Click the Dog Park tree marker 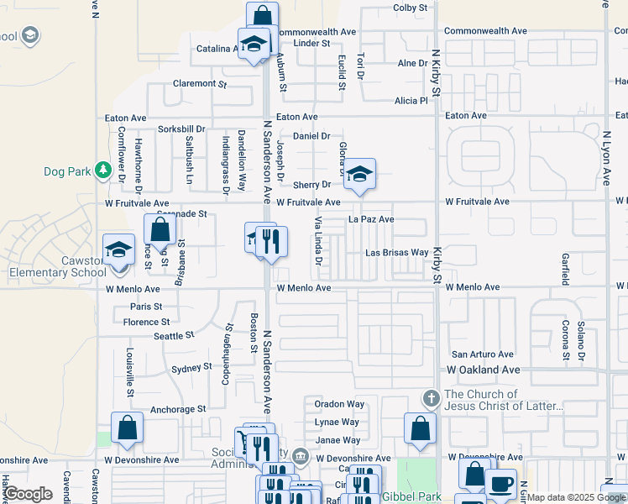(x=103, y=171)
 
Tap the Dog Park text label (x=67, y=172)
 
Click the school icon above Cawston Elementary (x=119, y=249)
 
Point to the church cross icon (x=431, y=397)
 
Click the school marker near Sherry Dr (x=359, y=175)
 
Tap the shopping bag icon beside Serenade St (x=160, y=230)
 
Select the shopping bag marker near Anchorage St (x=126, y=428)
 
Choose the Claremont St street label (x=200, y=84)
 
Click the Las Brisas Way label (x=397, y=253)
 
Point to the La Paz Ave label (x=371, y=219)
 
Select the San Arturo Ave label (x=483, y=354)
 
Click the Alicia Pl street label (x=411, y=101)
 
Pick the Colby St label (x=411, y=8)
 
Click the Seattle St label (x=174, y=335)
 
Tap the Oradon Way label (x=339, y=404)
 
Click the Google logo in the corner (x=29, y=494)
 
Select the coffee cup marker (x=500, y=485)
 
